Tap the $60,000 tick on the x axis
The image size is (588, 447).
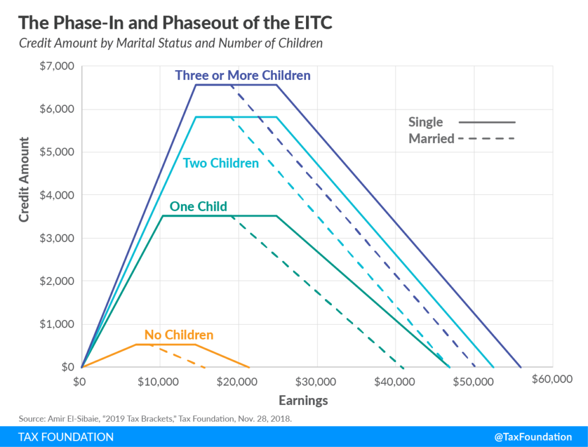(552, 379)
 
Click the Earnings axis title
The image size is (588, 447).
(303, 400)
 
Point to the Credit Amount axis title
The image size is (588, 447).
(24, 179)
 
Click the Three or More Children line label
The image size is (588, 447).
(242, 75)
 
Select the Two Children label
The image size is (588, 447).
(220, 163)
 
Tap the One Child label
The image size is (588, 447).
(198, 206)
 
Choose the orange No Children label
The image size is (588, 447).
(179, 334)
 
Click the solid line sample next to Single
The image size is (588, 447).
(487, 122)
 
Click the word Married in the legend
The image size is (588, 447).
(431, 138)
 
